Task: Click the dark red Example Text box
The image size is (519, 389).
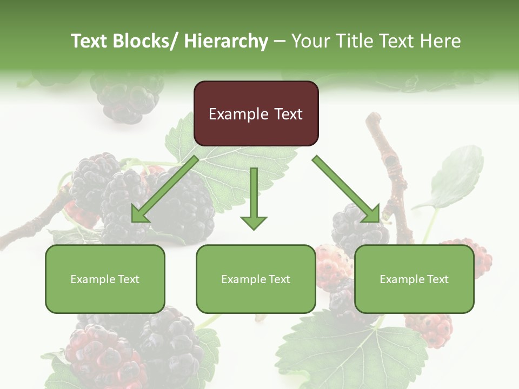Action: coord(256,113)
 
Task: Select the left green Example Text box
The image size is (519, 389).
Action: coord(105,279)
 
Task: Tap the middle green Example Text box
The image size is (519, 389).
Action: coord(256,279)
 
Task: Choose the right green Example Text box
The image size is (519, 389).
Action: coord(414,279)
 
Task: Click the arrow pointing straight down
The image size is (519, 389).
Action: coord(254,197)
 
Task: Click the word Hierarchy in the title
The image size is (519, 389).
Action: coord(226,41)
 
